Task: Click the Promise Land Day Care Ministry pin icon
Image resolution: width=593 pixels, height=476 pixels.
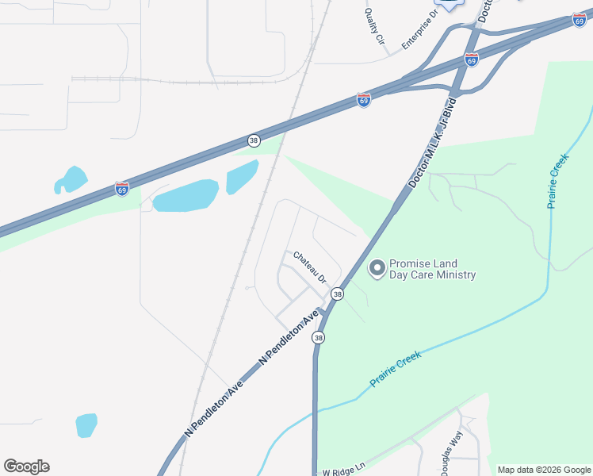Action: point(377,268)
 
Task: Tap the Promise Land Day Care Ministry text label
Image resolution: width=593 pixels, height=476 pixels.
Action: point(432,270)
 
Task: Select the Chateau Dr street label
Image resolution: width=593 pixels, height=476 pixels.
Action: point(310,267)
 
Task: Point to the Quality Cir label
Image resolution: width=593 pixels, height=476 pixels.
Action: point(374,26)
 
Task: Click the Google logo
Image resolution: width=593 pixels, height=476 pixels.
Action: point(26,466)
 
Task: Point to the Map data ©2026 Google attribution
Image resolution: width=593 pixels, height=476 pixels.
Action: point(544,470)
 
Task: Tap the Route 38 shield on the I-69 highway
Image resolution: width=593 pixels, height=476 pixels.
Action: point(253,140)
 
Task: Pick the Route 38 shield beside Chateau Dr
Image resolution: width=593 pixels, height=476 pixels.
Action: point(338,294)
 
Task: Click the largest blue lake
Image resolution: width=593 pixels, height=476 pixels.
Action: point(186,195)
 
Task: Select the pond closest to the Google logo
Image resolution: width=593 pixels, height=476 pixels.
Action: point(86,424)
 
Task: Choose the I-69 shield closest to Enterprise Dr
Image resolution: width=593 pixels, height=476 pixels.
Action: point(472,60)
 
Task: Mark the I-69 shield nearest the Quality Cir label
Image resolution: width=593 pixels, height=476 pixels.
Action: point(363,101)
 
